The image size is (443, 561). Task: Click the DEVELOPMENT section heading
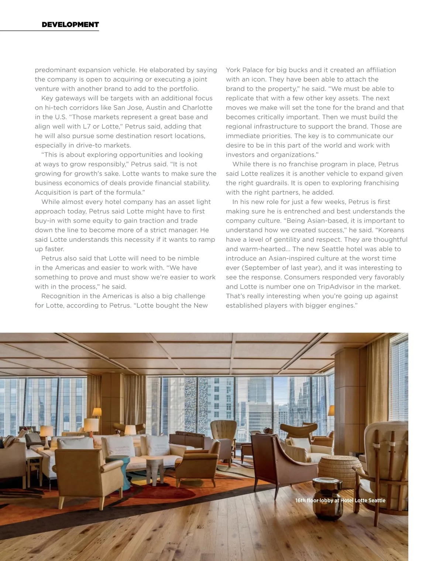(70, 25)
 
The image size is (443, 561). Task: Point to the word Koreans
(391, 230)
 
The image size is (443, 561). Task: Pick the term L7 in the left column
(86, 126)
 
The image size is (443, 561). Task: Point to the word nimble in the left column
(186, 258)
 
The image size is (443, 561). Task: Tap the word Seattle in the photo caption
(377, 500)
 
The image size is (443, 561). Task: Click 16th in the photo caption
(300, 500)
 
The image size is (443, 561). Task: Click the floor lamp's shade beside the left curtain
(97, 412)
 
